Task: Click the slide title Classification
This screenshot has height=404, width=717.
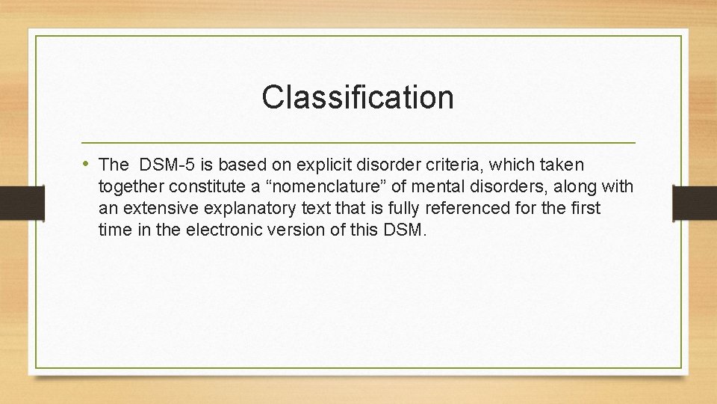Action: tap(358, 97)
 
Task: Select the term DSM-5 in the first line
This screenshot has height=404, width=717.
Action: tap(168, 164)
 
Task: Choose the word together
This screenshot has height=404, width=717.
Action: tap(130, 186)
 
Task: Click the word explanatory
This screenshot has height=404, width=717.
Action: tap(247, 208)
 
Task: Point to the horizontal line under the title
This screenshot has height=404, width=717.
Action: tap(358, 142)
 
